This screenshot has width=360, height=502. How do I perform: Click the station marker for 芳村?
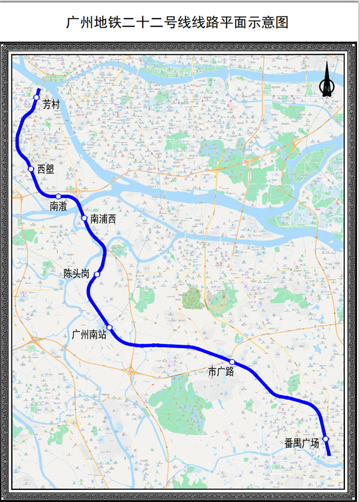pyautogui.click(x=37, y=97)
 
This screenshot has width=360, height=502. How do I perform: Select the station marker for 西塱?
pyautogui.click(x=31, y=169)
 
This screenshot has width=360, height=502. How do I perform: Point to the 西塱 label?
pyautogui.click(x=46, y=169)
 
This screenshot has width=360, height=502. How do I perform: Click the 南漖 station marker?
pyautogui.click(x=58, y=196)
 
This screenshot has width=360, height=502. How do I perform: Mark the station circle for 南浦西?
pyautogui.click(x=85, y=218)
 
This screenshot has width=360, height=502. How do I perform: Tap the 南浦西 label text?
pyautogui.click(x=103, y=219)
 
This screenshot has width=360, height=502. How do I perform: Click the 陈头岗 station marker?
pyautogui.click(x=97, y=274)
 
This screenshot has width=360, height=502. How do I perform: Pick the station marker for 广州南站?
pyautogui.click(x=110, y=327)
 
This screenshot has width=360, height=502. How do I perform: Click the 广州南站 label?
pyautogui.click(x=89, y=335)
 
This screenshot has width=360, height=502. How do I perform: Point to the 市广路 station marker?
pyautogui.click(x=232, y=362)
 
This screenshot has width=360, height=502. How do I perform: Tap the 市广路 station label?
pyautogui.click(x=221, y=372)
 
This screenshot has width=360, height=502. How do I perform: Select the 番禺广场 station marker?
pyautogui.click(x=325, y=439)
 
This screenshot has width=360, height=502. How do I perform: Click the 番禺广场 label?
pyautogui.click(x=302, y=444)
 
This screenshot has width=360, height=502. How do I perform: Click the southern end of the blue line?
pyautogui.click(x=329, y=455)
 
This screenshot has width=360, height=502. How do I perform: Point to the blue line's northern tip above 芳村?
pyautogui.click(x=39, y=89)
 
